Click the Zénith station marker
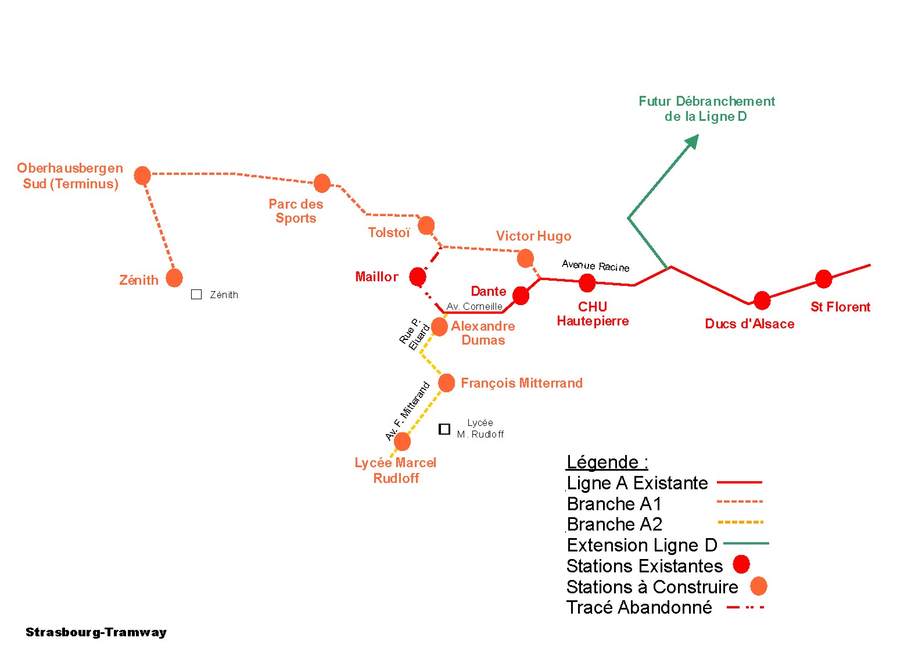(174, 278)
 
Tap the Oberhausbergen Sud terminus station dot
(142, 175)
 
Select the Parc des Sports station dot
(322, 183)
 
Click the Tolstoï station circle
(426, 225)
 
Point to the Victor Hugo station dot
(525, 258)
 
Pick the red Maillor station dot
(418, 277)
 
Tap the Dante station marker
(521, 296)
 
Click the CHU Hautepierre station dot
(587, 283)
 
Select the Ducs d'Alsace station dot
(762, 300)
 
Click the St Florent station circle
(823, 279)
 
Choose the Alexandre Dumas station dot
(440, 327)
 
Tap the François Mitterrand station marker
(446, 383)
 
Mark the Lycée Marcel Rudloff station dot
(402, 442)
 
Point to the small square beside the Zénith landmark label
(196, 295)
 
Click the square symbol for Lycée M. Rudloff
(444, 429)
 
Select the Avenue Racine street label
(595, 266)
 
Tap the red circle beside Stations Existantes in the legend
(741, 564)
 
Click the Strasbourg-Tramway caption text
(96, 632)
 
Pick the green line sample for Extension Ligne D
(746, 543)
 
